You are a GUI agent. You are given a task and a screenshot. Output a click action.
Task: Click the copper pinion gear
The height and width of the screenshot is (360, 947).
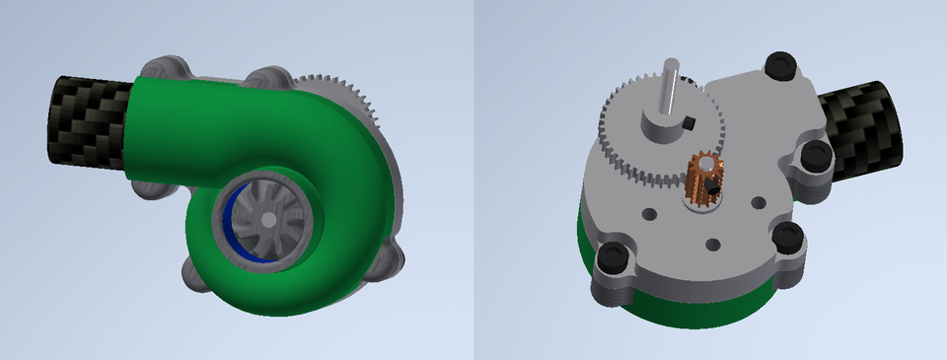(705, 178)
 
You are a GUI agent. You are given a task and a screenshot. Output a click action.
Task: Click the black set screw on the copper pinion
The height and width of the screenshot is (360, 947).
(710, 187)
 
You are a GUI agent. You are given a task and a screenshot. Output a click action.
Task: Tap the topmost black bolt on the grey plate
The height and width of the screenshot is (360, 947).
(781, 66)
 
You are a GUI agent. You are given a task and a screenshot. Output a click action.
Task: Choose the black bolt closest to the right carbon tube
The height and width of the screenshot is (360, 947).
(815, 155)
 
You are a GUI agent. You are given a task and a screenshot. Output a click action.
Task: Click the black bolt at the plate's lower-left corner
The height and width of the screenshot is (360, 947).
(614, 260)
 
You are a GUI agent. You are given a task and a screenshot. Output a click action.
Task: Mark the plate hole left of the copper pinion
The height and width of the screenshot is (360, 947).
(650, 213)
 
